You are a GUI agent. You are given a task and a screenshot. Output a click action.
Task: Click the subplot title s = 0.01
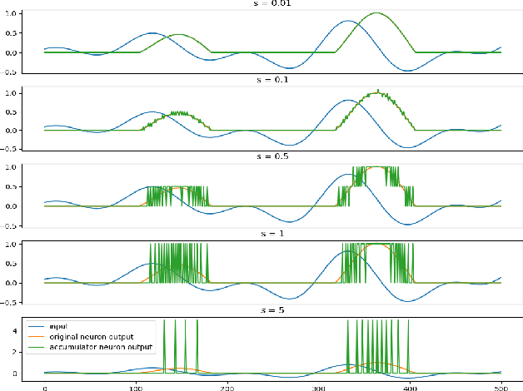click(273, 4)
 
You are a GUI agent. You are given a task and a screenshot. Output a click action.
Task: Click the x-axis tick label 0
click(45, 386)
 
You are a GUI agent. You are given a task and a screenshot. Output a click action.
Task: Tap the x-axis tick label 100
click(136, 386)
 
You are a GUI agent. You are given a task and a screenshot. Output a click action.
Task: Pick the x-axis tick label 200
click(227, 386)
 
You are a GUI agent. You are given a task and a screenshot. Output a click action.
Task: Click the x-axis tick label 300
click(318, 386)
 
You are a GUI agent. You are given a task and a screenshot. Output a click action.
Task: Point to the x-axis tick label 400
click(409, 386)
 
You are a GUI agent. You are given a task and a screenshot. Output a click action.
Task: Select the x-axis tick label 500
click(500, 386)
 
